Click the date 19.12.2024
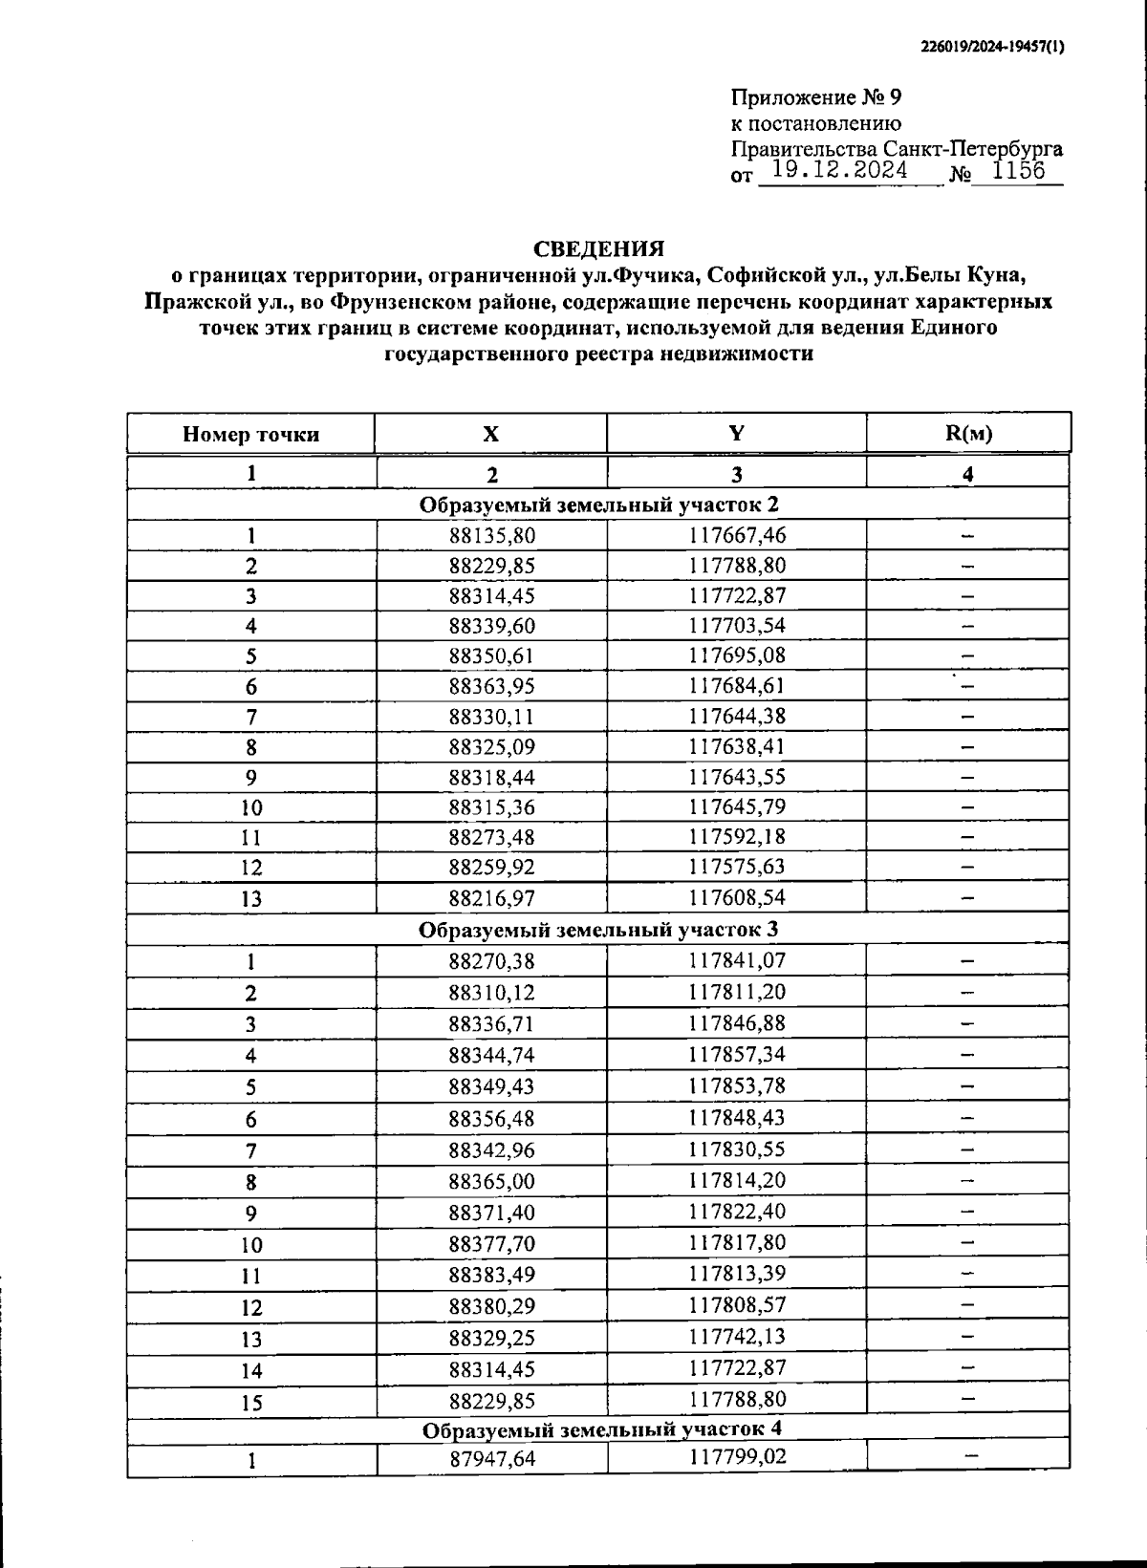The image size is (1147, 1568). (839, 171)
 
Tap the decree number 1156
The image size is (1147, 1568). (1018, 171)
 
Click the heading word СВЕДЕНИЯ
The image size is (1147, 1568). (598, 249)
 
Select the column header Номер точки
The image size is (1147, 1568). (250, 435)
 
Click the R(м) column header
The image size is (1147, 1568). (968, 433)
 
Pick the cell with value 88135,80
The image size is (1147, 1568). (491, 536)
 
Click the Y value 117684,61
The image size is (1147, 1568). (736, 685)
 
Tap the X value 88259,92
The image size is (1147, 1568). (491, 868)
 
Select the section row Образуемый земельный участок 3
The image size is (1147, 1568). (598, 930)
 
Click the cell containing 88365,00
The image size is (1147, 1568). (491, 1182)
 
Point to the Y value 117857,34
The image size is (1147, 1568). (736, 1054)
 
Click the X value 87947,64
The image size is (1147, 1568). (491, 1459)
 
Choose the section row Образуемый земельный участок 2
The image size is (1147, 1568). (598, 505)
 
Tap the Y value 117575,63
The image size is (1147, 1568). (736, 867)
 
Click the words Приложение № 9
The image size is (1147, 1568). (815, 97)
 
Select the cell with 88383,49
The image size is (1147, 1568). (491, 1276)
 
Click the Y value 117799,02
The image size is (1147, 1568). (736, 1457)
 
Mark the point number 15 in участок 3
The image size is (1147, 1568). (250, 1403)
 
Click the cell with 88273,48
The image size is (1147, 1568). (491, 837)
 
